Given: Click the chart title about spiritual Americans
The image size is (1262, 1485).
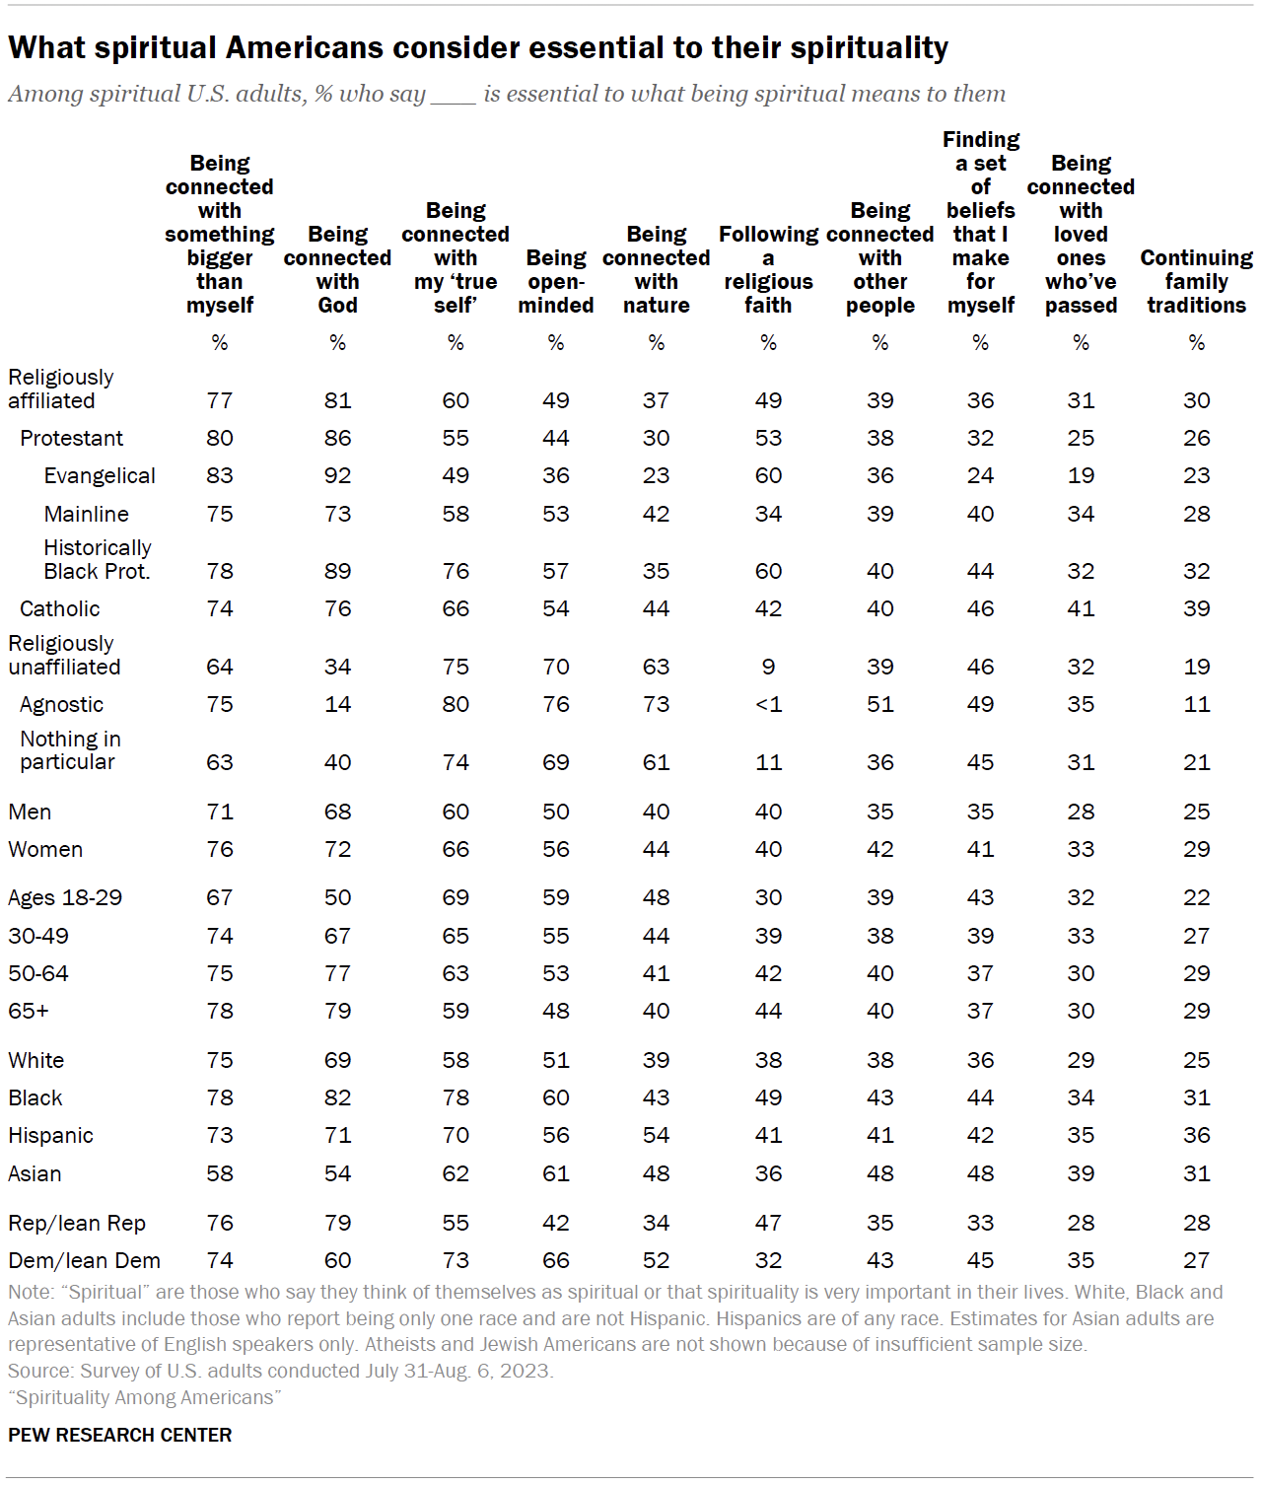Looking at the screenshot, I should [x=478, y=47].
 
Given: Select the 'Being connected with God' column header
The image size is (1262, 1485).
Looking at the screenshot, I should [x=337, y=269].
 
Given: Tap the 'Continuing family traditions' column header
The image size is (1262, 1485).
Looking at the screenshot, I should [x=1196, y=281].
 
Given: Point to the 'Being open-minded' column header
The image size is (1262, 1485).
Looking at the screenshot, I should [x=556, y=281].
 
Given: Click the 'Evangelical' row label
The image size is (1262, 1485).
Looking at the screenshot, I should [x=100, y=475].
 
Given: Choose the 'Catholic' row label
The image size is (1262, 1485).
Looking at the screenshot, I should [x=60, y=608].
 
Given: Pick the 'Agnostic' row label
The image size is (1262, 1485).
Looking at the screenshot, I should [x=61, y=704].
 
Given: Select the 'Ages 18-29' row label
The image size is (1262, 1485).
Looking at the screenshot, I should [x=65, y=897].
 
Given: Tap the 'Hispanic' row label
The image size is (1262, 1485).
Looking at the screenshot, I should [x=50, y=1135].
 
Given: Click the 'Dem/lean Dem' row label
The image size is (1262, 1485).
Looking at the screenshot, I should [x=84, y=1260].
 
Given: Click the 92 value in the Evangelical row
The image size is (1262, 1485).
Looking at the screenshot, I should [x=337, y=475].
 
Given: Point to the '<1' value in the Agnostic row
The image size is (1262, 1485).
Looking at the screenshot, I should [x=768, y=704].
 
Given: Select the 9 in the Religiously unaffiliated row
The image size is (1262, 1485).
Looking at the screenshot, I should [x=768, y=667].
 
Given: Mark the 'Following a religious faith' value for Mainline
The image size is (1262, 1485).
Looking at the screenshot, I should [x=768, y=514].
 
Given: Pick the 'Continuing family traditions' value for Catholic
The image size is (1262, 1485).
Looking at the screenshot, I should [x=1196, y=608].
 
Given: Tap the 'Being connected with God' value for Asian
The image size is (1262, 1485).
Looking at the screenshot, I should [x=337, y=1173].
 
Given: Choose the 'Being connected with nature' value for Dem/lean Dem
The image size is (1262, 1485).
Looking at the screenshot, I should [x=656, y=1260].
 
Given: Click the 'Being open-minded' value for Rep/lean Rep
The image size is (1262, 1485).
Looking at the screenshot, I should [x=556, y=1223].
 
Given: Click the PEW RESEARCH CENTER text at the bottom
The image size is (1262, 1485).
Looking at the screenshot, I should [x=120, y=1435].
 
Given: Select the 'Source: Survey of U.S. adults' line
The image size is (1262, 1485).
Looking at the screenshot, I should [x=281, y=1371].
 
